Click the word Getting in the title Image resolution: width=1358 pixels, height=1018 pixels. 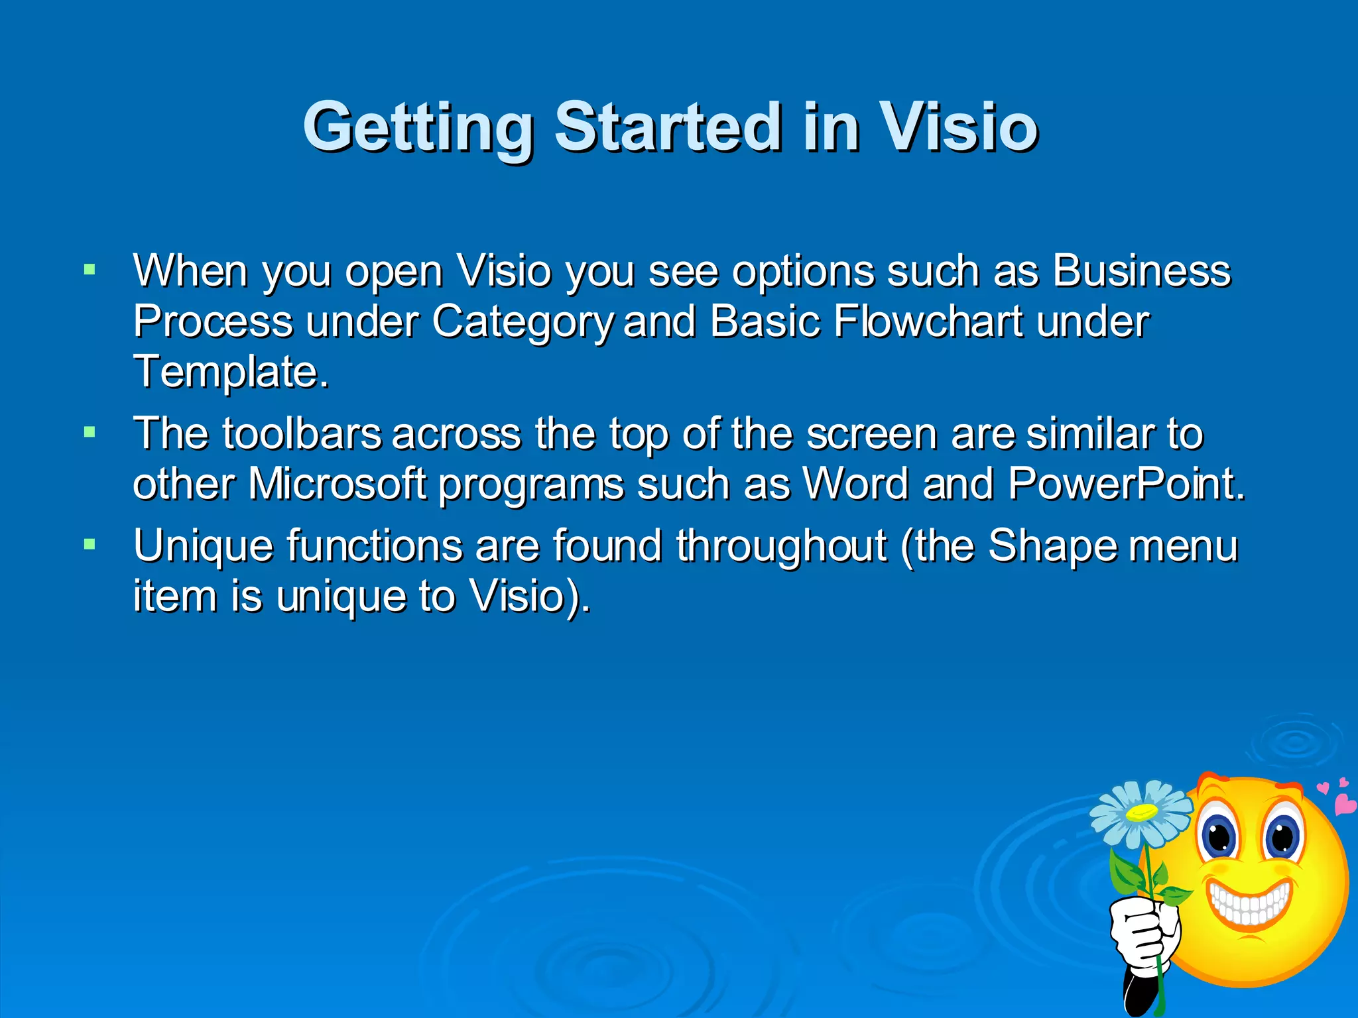point(418,127)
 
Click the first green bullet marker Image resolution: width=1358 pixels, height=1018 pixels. point(90,270)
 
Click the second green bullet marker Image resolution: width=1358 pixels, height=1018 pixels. point(90,433)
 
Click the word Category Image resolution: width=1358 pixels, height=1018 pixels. point(524,323)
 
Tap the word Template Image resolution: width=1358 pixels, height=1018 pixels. point(230,372)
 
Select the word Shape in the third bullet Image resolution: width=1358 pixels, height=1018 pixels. point(1052,546)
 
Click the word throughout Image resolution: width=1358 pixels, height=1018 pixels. point(781,546)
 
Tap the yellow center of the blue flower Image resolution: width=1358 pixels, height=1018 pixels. point(1142,811)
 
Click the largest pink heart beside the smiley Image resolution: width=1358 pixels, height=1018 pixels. point(1345,804)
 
